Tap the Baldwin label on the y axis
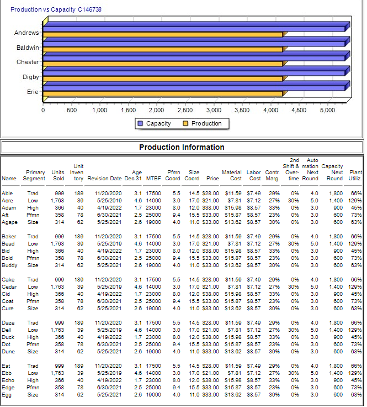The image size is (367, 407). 27,48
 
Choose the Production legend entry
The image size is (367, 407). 202,123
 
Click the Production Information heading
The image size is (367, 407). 182,147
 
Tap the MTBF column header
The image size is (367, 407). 153,179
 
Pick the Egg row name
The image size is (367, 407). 7,394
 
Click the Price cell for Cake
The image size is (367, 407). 212,280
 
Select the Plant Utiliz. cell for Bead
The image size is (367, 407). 355,243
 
